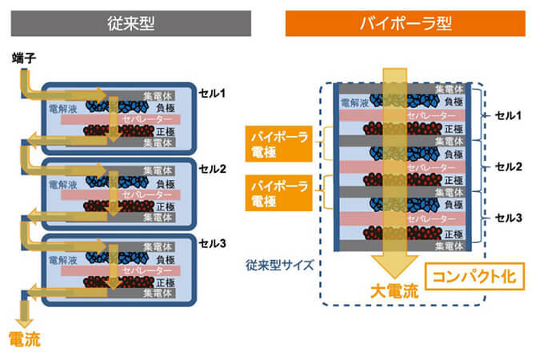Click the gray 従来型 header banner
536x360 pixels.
[131, 23]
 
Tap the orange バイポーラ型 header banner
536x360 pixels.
[406, 23]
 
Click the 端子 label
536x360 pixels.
[24, 58]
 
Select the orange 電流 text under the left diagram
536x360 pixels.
[25, 339]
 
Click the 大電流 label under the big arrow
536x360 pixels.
[394, 291]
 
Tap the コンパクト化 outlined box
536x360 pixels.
[474, 276]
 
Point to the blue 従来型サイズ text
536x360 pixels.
[280, 265]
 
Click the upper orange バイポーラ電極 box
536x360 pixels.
[279, 144]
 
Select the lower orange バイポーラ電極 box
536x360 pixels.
[279, 193]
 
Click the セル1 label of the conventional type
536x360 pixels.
[212, 93]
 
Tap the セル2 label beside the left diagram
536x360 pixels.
[212, 169]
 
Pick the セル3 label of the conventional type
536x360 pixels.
[212, 243]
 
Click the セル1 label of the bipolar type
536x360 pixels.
[508, 115]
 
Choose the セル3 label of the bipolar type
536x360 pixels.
[508, 218]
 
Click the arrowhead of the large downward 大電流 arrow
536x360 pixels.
[394, 266]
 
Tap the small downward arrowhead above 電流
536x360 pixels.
[24, 322]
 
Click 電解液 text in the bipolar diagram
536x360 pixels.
[354, 102]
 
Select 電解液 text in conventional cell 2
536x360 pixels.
[63, 185]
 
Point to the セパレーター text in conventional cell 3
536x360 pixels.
[147, 270]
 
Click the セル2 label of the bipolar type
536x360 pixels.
[508, 167]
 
